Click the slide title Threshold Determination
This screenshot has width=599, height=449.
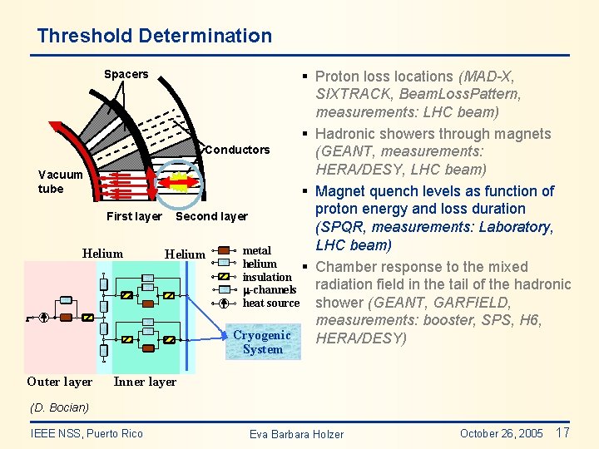point(154,36)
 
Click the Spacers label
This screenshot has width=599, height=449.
point(126,74)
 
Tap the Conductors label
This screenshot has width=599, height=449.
point(237,150)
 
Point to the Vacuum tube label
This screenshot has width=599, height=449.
point(61,181)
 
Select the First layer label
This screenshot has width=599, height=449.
point(134,216)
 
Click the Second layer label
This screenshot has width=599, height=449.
point(212,216)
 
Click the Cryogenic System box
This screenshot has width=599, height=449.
point(262,342)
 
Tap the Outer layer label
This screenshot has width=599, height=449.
point(59,382)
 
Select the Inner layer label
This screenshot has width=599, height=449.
point(145,382)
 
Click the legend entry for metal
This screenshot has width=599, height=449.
point(256,250)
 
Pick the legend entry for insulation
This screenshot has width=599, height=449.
point(266,277)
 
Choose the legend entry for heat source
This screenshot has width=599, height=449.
point(270,303)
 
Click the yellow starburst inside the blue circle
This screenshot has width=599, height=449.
point(176,181)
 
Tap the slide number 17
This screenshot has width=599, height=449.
point(562,432)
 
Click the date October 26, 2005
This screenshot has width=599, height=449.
point(501,433)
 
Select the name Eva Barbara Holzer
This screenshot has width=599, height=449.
point(296,434)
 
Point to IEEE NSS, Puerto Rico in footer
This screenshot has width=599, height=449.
point(87,433)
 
